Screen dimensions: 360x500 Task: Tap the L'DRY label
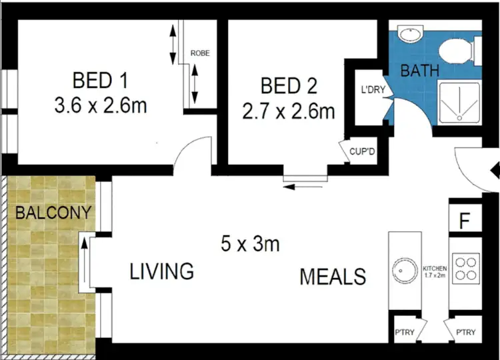[373, 91]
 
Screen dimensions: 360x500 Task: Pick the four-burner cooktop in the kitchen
[465, 267]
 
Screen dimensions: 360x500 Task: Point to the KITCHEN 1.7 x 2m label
[434, 272]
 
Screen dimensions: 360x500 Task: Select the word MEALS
[333, 275]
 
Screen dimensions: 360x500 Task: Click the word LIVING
[161, 271]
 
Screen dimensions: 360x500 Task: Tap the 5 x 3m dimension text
[250, 244]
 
